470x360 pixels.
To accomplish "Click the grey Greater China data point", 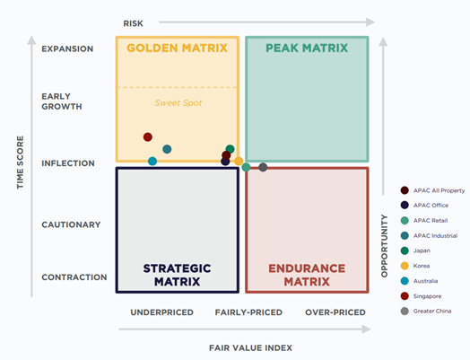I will [263, 167].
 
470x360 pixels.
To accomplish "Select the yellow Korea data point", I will [239, 162].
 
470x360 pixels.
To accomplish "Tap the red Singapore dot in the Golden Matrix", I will [148, 137].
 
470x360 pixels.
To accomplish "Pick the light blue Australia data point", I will [152, 162].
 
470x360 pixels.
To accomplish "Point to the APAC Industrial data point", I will [167, 149].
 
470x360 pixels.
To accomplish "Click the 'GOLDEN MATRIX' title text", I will [177, 48].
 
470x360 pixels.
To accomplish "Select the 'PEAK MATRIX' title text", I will [307, 48].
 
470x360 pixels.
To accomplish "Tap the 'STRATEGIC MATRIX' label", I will [177, 275].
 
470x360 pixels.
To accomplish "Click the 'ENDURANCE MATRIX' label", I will [307, 275].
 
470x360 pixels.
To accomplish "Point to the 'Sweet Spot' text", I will [178, 102].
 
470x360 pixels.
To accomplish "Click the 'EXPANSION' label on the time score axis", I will [67, 48].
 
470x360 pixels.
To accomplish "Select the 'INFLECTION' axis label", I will [67, 163].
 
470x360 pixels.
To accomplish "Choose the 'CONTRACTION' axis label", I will [74, 277].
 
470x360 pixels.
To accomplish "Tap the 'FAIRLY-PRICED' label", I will [248, 312].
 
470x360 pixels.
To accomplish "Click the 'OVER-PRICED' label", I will [335, 312].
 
